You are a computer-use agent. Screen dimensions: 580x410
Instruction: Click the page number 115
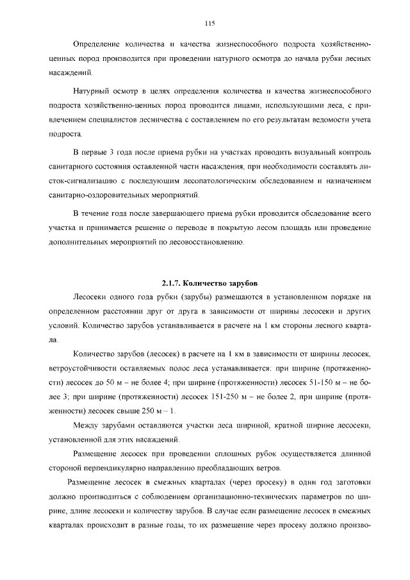click(x=208, y=24)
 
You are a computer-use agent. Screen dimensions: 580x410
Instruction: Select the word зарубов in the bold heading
click(x=243, y=283)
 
